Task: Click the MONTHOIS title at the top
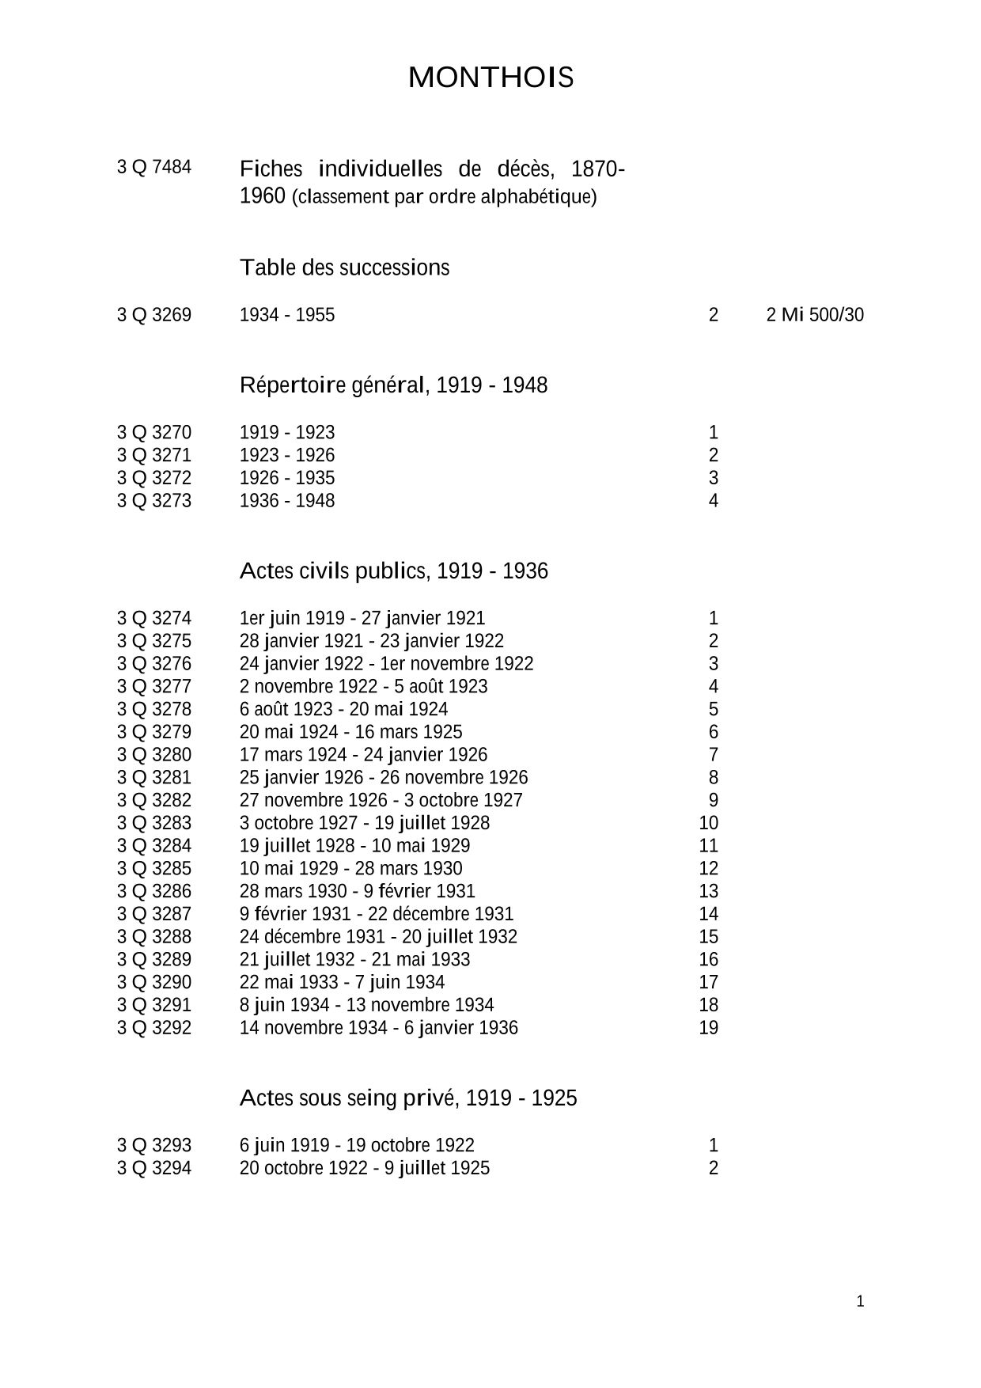490,78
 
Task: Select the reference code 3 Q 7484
154,167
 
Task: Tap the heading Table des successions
344,267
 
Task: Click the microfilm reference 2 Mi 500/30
815,315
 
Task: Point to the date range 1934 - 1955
287,315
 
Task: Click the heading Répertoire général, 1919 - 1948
393,385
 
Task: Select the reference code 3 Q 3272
154,478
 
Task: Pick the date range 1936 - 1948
287,501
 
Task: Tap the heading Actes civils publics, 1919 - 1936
393,571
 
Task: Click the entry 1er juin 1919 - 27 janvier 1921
362,618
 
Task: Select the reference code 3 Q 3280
154,755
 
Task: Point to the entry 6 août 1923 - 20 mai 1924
343,709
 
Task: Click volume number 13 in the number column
708,891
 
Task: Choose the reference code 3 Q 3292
154,1028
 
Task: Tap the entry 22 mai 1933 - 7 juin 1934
342,982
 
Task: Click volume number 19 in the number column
708,1028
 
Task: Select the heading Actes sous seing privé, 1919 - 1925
408,1098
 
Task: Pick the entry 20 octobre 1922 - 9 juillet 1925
365,1168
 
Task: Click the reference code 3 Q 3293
154,1145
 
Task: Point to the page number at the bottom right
860,1302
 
